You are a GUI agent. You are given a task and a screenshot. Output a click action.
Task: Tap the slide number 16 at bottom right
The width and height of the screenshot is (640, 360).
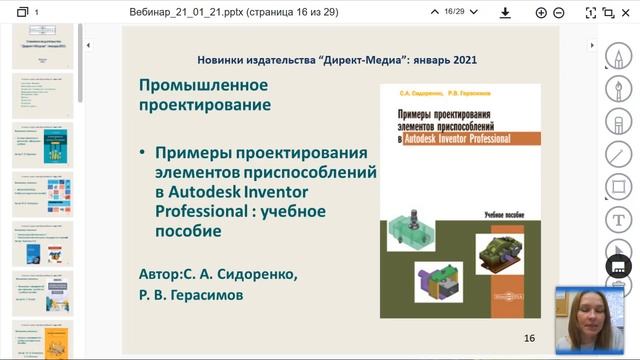pyautogui.click(x=530, y=338)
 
